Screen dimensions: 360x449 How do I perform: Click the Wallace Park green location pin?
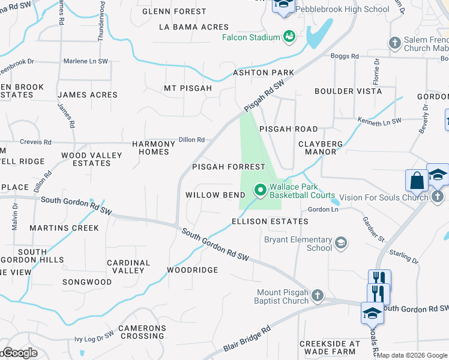point(261,190)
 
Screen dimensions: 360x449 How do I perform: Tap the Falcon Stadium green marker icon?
point(289,37)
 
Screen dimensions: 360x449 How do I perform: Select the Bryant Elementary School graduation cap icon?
point(341,242)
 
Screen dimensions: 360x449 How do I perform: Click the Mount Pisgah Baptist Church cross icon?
point(318,295)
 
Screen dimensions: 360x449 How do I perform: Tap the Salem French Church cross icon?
point(394,43)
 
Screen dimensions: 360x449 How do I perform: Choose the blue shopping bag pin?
point(417,181)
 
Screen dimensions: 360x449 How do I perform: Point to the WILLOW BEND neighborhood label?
point(215,195)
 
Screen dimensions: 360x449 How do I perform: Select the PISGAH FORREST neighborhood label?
point(228,167)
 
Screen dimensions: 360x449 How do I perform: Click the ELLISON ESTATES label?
point(270,221)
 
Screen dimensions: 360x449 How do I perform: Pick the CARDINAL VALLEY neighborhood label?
point(128,266)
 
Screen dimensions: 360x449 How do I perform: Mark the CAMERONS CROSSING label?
point(142,332)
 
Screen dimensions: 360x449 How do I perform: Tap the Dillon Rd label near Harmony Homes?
point(191,140)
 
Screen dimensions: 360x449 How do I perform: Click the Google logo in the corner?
point(19,353)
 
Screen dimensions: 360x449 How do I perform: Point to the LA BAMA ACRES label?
point(194,27)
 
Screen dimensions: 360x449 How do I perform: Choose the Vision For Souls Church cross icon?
point(438,196)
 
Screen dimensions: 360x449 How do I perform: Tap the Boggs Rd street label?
point(345,56)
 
